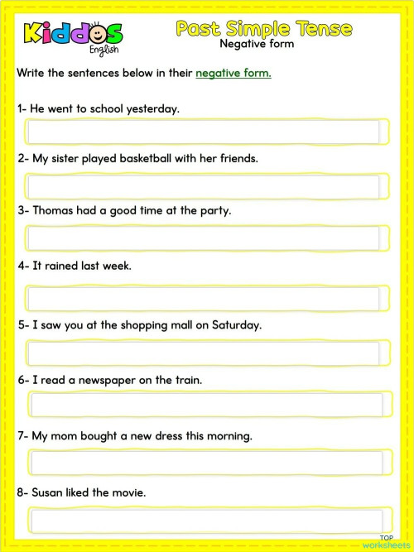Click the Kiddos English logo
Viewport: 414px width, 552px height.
[x=73, y=35]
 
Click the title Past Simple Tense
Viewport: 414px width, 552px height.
[x=264, y=28]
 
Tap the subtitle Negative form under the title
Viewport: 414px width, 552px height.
[x=257, y=44]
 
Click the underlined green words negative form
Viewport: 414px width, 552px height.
[x=233, y=73]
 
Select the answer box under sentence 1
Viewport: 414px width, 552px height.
[x=205, y=132]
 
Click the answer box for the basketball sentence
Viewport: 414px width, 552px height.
[x=205, y=185]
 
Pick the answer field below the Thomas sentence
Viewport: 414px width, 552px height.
[x=205, y=238]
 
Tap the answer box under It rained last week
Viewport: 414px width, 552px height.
[x=205, y=298]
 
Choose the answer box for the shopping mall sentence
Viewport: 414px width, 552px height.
[x=205, y=353]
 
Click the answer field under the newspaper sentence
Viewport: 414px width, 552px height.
[x=207, y=405]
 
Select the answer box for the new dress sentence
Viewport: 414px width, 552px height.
[x=207, y=462]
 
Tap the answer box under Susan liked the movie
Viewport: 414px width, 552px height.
[x=207, y=521]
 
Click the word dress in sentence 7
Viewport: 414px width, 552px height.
[x=181, y=435]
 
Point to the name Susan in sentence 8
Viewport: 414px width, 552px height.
[x=48, y=492]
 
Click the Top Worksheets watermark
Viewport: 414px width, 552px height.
[x=386, y=541]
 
